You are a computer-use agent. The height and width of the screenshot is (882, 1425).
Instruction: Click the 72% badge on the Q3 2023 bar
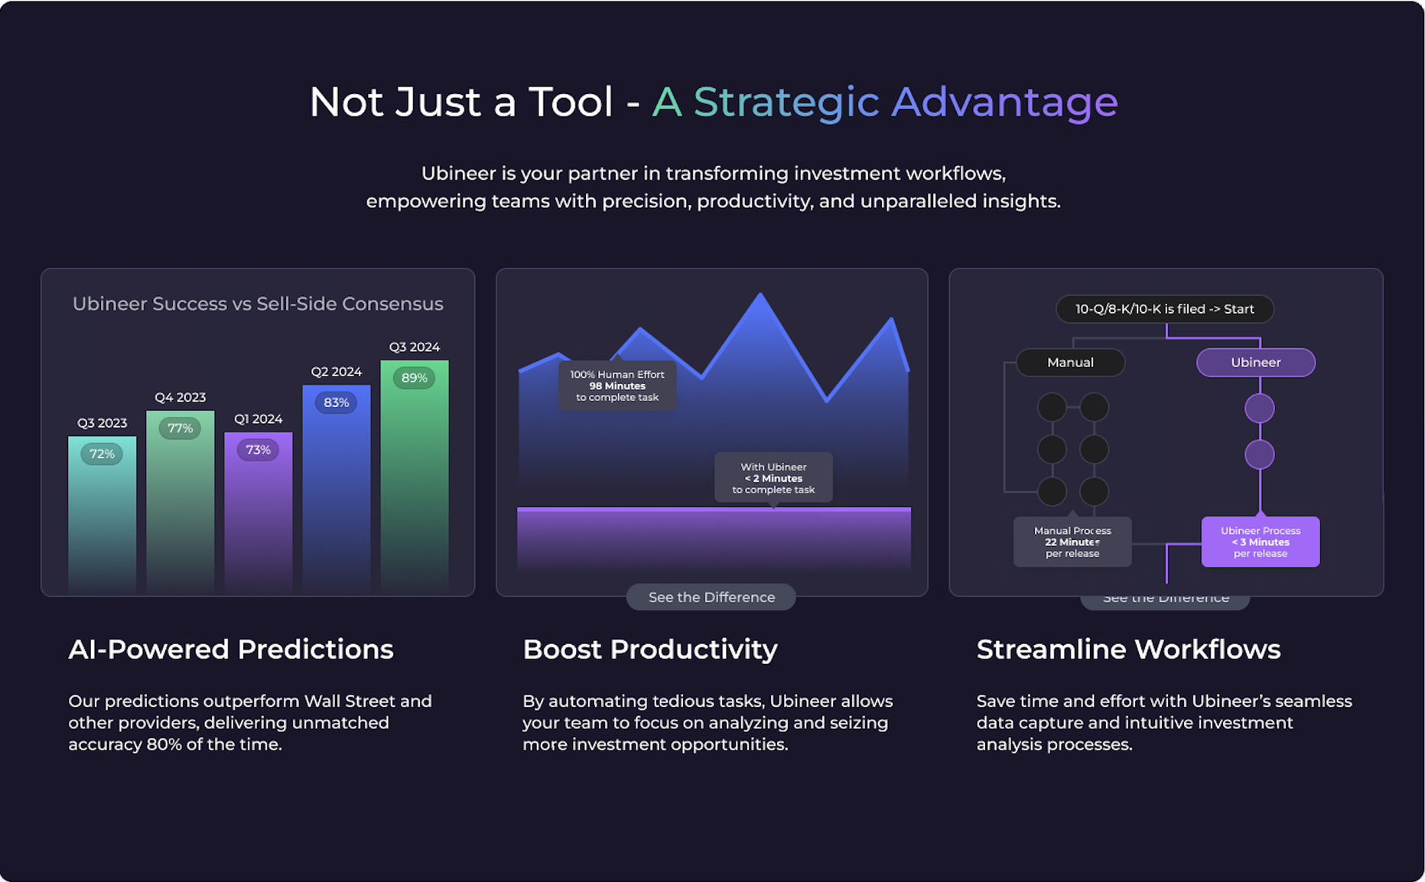(102, 454)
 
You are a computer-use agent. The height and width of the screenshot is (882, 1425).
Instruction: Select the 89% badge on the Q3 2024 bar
(414, 378)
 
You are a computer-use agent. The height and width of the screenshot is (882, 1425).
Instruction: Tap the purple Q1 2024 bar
(259, 511)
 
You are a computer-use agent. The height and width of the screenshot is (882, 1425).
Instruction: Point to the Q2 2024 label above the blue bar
(336, 372)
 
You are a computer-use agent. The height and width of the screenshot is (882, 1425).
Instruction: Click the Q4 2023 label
(180, 398)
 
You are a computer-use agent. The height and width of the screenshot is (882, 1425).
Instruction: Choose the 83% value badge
(336, 402)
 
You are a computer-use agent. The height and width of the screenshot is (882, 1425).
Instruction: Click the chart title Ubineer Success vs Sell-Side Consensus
(258, 304)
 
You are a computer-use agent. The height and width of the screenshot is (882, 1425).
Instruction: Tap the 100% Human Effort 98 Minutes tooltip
(617, 386)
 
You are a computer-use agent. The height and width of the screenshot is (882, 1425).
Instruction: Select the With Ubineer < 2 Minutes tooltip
(773, 478)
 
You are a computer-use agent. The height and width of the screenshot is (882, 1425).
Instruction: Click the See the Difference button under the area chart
(711, 597)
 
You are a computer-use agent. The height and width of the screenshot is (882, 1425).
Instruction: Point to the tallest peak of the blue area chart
(760, 294)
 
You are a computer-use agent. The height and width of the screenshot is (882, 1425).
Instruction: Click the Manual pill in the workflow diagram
(1070, 363)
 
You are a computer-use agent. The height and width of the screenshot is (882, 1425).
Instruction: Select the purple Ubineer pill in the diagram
(1256, 363)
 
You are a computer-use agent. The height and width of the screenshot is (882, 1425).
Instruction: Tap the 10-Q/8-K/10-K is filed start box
(1165, 309)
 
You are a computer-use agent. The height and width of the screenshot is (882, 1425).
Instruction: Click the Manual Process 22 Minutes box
(1072, 542)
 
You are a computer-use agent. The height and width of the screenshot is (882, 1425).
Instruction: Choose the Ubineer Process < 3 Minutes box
(1261, 542)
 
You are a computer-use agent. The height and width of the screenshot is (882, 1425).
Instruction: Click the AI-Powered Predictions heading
(231, 649)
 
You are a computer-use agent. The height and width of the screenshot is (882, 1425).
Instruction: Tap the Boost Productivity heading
(650, 649)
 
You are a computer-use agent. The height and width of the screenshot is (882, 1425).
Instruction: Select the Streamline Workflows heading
(1128, 649)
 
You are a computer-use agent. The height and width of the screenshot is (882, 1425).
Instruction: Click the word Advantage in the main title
(1005, 103)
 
